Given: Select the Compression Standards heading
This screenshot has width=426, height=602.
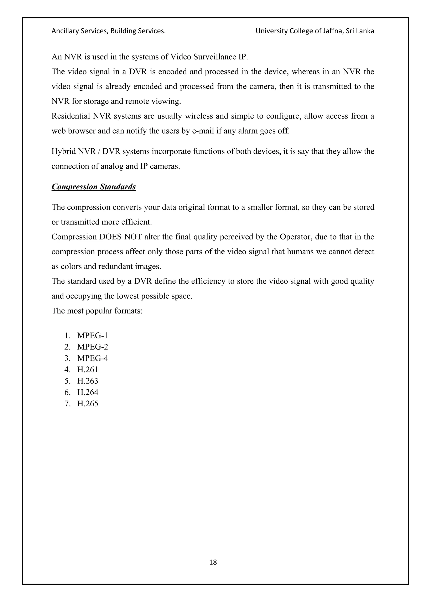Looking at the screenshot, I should coord(94,187).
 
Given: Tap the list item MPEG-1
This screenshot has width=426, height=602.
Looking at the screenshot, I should coord(93,335).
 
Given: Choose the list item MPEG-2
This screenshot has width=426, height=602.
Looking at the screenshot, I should coord(93,347).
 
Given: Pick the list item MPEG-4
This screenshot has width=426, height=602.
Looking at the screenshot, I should coord(93,358).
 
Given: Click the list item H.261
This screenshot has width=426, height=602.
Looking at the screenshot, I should coord(88,369).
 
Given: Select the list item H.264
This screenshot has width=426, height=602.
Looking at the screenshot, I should coord(88,392).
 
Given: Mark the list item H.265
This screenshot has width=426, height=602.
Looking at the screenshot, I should coord(88,403).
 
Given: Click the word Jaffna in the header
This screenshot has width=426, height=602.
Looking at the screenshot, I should coord(333,31).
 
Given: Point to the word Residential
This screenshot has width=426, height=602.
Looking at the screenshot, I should coord(71,116).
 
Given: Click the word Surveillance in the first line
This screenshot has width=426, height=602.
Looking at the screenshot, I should coord(215,57).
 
